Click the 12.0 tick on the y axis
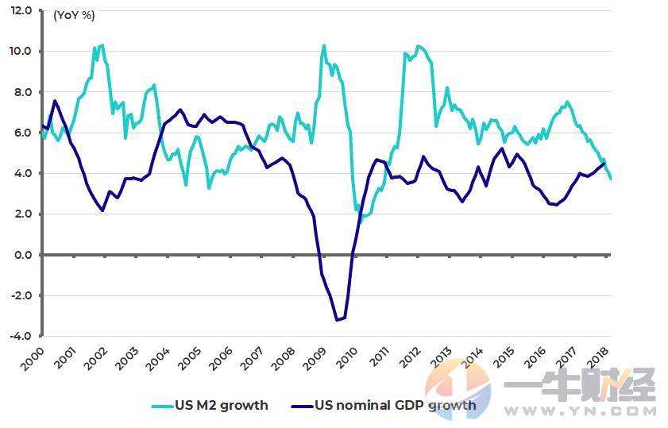(21, 11)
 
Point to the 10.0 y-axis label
(21, 52)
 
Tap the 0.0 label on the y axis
(22, 255)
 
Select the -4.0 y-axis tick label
(21, 336)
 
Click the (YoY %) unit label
(74, 14)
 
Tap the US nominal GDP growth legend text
(395, 406)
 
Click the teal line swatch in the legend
(163, 406)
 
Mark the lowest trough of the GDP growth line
(337, 320)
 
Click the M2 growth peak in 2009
(324, 45)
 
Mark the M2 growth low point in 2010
(360, 220)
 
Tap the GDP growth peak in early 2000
(54, 101)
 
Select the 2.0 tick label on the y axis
(22, 214)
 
